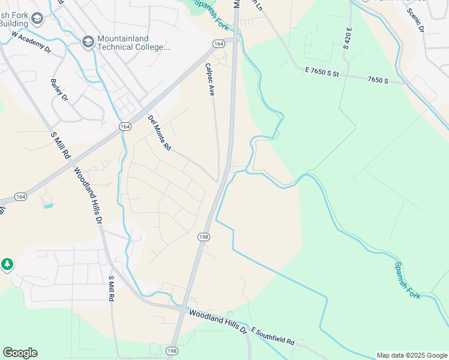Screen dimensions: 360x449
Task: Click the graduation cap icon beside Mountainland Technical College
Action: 88,41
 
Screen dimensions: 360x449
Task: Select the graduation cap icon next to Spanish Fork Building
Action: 37,19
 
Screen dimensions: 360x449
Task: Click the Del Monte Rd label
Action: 159,133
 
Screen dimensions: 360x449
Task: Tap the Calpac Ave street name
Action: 209,80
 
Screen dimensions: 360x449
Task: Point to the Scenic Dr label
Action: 415,20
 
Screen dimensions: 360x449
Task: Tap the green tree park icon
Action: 7,264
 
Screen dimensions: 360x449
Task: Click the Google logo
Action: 20,353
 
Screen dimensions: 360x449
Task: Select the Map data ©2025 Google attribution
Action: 412,355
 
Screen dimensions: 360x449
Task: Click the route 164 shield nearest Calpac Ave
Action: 218,44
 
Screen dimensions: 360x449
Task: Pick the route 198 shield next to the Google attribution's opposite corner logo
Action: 173,351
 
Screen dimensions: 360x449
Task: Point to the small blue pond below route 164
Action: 49,206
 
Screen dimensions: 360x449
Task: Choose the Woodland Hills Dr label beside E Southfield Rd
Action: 218,322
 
